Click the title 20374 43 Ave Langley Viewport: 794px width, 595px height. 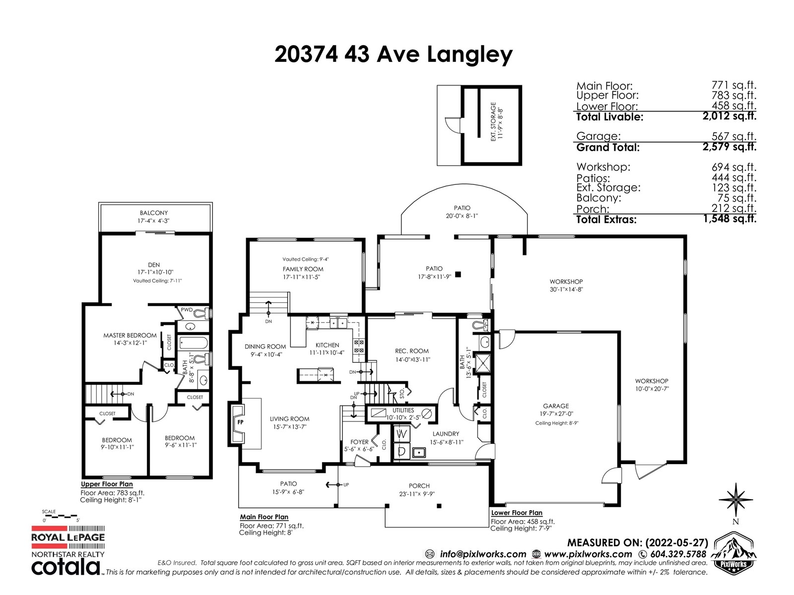pos(394,55)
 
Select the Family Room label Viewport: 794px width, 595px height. pos(303,269)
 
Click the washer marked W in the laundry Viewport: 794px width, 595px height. pos(401,435)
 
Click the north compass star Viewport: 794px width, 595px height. pos(735,500)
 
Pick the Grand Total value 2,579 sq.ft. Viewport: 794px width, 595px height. pos(729,147)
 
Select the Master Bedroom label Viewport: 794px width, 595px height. pos(130,335)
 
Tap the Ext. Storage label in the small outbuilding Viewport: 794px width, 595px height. pos(493,121)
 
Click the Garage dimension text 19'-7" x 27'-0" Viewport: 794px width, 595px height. pos(556,414)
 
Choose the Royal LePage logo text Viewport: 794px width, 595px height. pos(68,537)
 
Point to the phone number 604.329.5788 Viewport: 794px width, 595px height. pos(678,554)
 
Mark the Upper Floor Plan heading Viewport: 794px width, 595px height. pos(107,484)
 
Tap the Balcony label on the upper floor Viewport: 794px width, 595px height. pos(154,213)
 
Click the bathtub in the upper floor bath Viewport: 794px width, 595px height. pos(193,343)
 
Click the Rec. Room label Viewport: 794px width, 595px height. pos(412,351)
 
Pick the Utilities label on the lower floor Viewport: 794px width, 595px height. pos(403,411)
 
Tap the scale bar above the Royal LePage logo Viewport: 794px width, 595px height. pos(61,516)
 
